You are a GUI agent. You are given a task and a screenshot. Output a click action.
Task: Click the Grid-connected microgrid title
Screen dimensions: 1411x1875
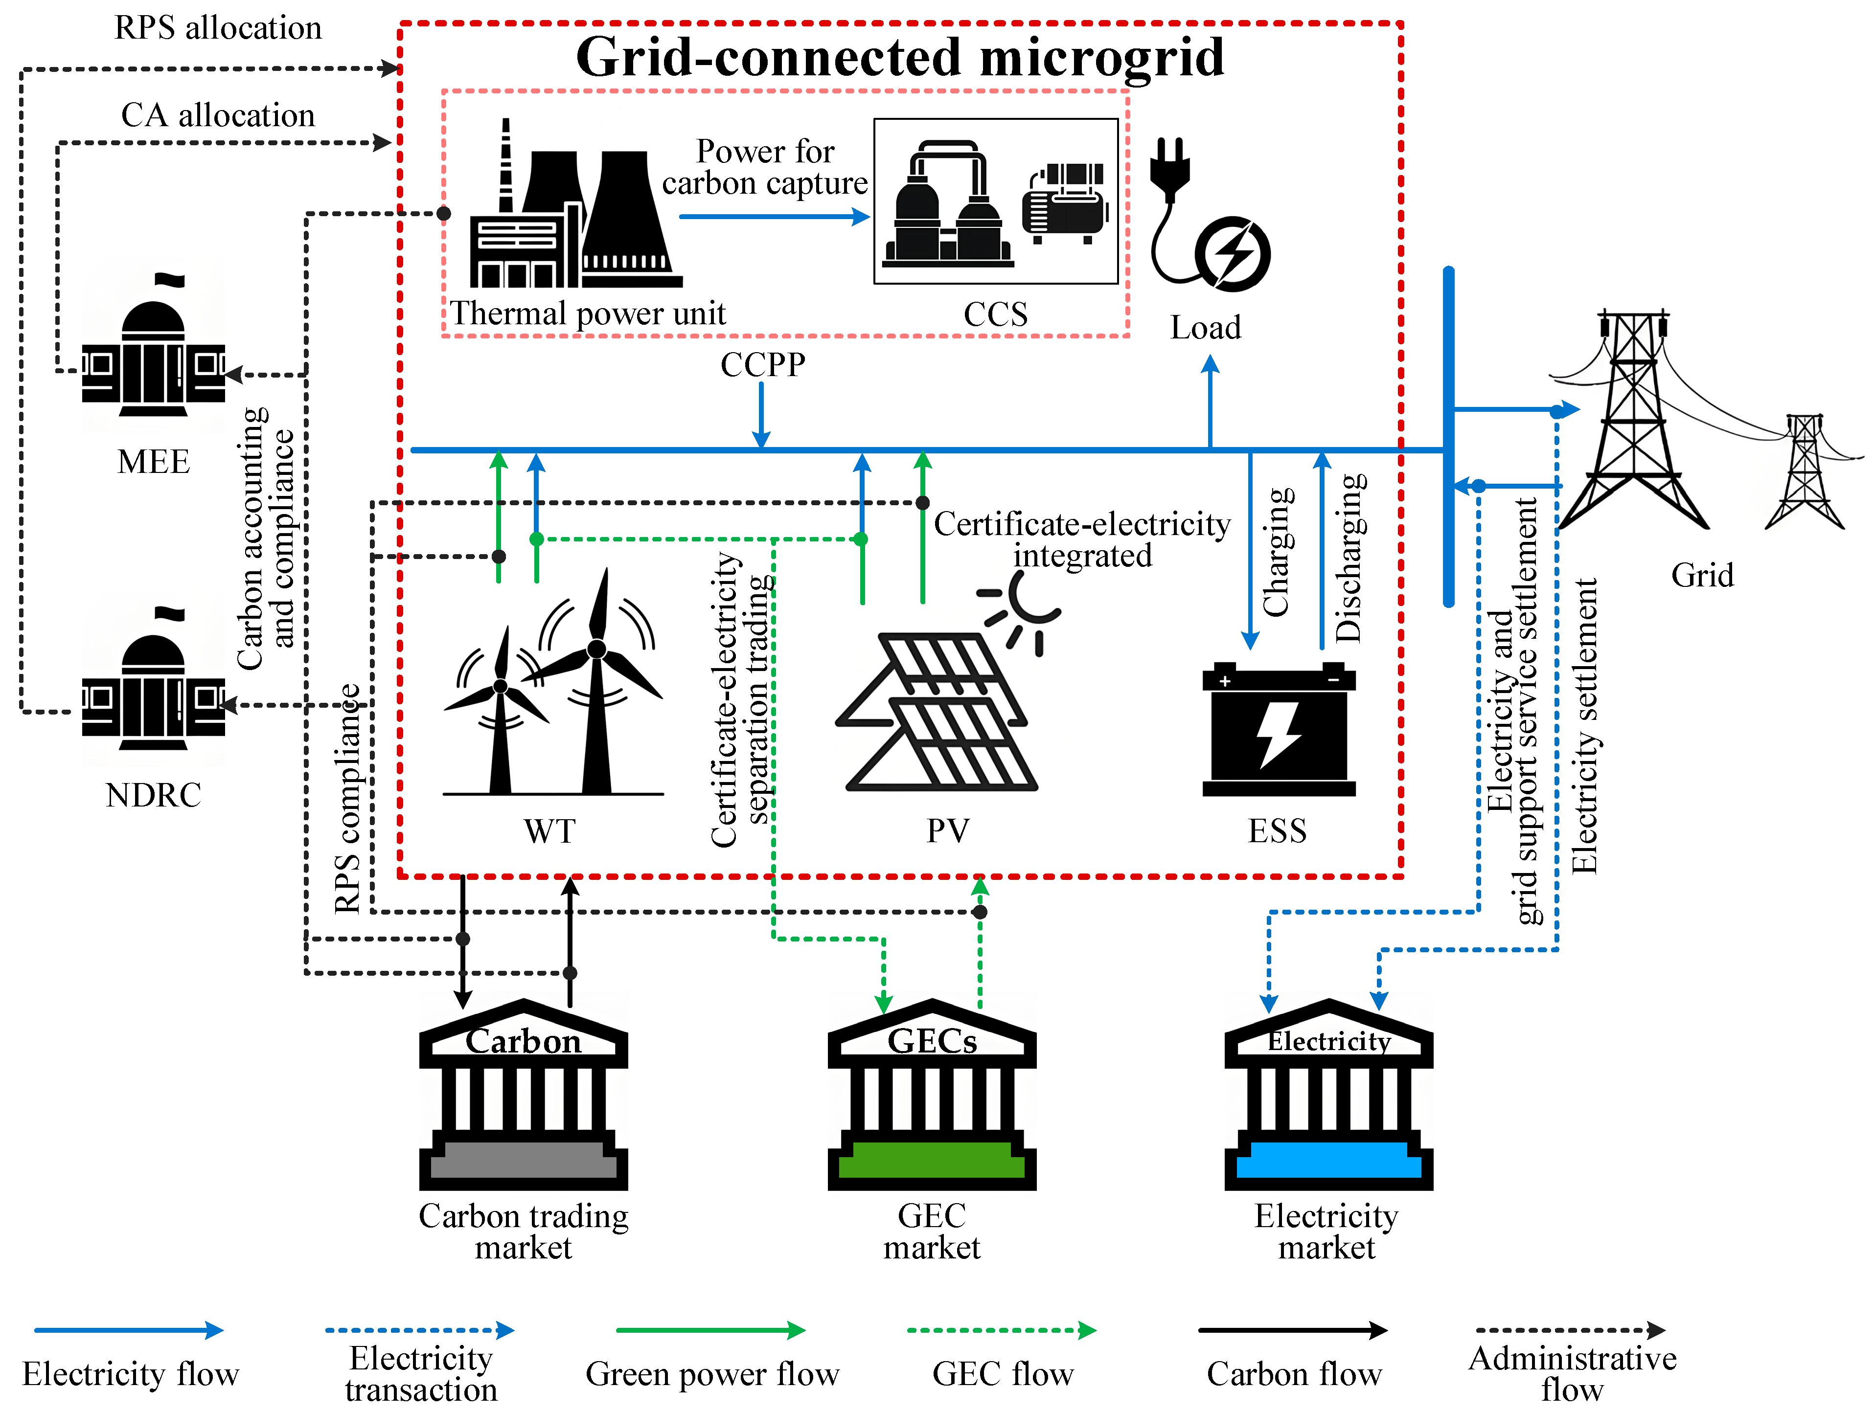900,58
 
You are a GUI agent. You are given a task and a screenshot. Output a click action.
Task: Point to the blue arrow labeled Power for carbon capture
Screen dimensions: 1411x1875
773,217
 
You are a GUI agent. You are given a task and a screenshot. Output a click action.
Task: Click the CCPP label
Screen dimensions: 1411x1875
763,364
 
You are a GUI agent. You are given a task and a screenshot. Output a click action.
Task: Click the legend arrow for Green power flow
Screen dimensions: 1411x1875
710,1330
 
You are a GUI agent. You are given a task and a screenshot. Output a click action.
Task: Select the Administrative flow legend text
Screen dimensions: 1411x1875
1573,1373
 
